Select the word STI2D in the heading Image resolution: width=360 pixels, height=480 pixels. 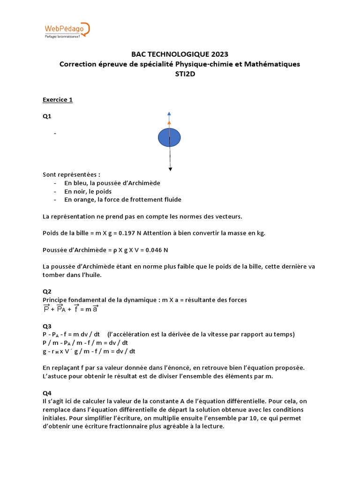(180, 73)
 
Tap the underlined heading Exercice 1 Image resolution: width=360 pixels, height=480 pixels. (58, 100)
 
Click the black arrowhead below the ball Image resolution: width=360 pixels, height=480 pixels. (170, 169)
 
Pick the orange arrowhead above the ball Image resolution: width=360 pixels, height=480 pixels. (169, 122)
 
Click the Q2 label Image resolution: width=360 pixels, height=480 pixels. (47, 291)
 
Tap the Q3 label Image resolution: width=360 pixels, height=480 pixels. (47, 326)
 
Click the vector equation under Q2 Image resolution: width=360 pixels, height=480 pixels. (71, 309)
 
